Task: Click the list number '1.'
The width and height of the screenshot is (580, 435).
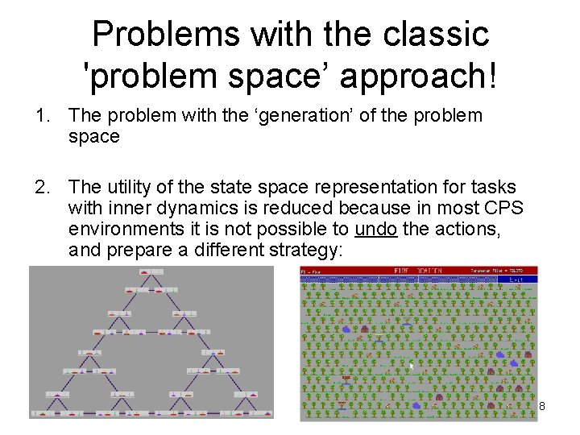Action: point(43,116)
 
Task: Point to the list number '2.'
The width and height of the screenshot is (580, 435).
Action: point(43,188)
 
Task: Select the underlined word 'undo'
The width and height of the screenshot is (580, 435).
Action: point(375,230)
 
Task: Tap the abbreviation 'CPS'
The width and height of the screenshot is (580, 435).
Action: point(505,209)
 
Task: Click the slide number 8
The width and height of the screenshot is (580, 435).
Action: point(542,405)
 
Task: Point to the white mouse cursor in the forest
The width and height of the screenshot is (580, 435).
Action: point(412,367)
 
